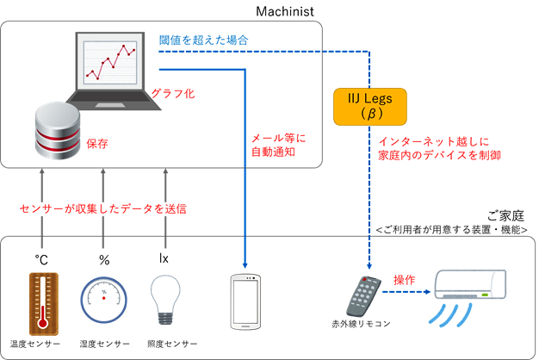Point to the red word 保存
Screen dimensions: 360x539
[96, 146]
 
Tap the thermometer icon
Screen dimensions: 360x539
[40, 301]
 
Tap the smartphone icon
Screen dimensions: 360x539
[245, 301]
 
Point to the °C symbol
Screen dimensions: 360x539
[41, 258]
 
